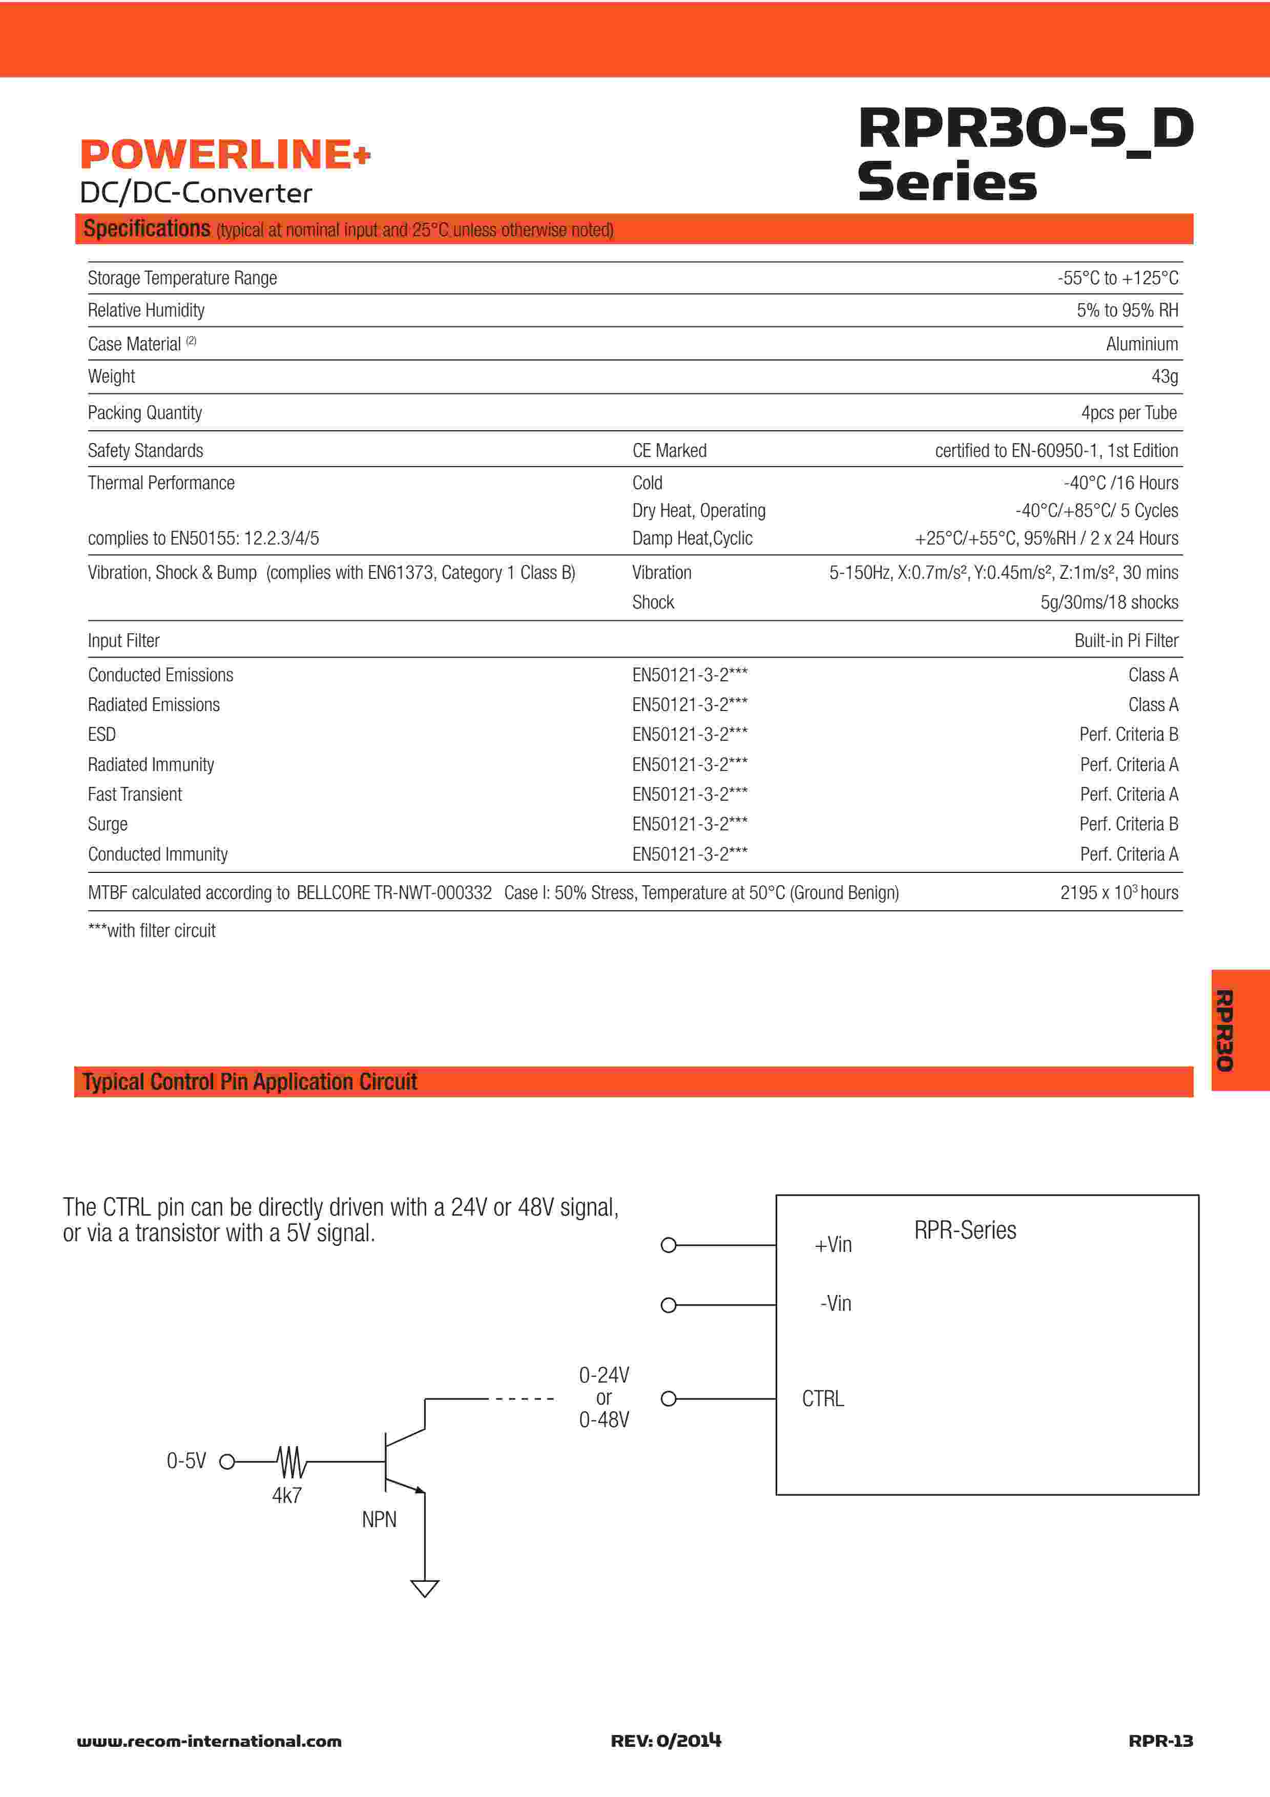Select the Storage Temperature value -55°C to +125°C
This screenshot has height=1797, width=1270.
coord(1117,278)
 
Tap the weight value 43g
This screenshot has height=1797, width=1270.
coord(1164,377)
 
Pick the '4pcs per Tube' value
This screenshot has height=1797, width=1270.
coord(1129,412)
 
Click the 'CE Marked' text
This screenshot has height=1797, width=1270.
coord(669,450)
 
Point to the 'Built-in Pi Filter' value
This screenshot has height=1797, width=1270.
coord(1126,640)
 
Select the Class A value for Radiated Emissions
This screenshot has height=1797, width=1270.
coord(1153,704)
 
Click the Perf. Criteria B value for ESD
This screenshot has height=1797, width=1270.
coord(1129,734)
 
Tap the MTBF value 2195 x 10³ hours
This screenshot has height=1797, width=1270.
coord(1119,892)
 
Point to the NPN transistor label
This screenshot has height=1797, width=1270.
coord(379,1519)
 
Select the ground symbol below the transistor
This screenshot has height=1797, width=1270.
coord(425,1588)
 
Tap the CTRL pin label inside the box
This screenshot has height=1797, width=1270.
coord(822,1398)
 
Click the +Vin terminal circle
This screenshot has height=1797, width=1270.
coord(668,1245)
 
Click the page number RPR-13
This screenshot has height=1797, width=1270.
coord(1160,1741)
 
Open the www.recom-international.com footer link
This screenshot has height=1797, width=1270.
coord(209,1742)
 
